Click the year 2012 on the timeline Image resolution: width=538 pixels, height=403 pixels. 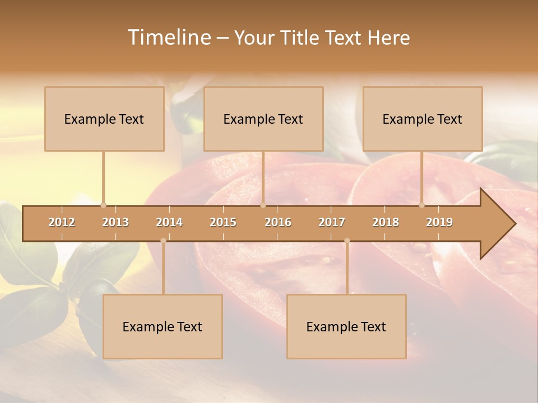pyautogui.click(x=62, y=222)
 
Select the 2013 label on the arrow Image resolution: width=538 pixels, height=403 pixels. pyautogui.click(x=115, y=222)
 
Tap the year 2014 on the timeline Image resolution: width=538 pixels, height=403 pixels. pyautogui.click(x=169, y=222)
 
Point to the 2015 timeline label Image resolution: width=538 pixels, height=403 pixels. pyautogui.click(x=223, y=222)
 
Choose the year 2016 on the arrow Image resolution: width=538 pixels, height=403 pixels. pyautogui.click(x=278, y=222)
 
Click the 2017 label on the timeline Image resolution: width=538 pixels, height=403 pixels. pyautogui.click(x=332, y=222)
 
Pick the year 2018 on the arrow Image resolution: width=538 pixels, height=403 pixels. pyautogui.click(x=386, y=222)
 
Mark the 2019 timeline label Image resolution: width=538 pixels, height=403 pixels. pyautogui.click(x=439, y=222)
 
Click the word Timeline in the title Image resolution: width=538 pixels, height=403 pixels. pyautogui.click(x=168, y=38)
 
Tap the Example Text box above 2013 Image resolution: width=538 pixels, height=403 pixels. pyautogui.click(x=104, y=119)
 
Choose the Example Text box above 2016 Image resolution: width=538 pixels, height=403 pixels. pyautogui.click(x=263, y=119)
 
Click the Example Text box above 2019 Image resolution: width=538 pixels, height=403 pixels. pyautogui.click(x=423, y=119)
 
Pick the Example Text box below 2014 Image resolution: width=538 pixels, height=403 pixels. pyautogui.click(x=163, y=326)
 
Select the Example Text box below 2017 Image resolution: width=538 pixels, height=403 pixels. pyautogui.click(x=346, y=326)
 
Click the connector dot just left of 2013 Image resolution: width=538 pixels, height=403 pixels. pyautogui.click(x=103, y=205)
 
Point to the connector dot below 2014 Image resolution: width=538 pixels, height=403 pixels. pyautogui.click(x=163, y=241)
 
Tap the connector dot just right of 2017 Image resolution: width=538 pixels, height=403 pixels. pyautogui.click(x=347, y=241)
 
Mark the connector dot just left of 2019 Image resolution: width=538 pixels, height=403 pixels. pyautogui.click(x=422, y=205)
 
